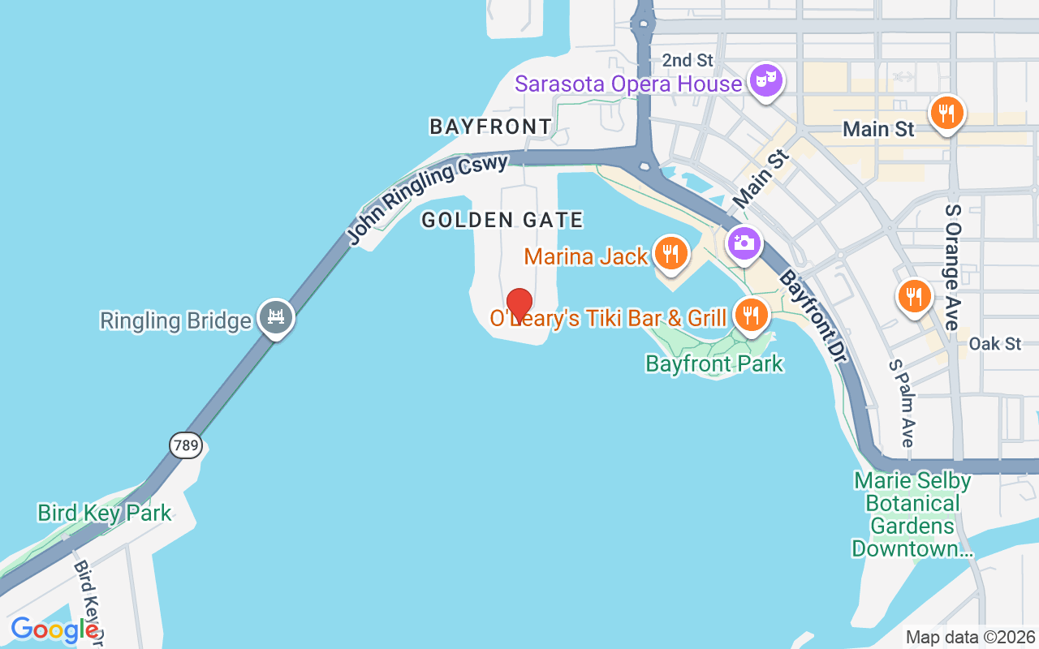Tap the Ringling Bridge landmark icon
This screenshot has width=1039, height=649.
point(276,317)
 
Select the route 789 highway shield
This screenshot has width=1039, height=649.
point(186,445)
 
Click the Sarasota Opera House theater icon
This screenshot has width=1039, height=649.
point(765,81)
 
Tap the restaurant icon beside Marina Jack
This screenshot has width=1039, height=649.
point(670,253)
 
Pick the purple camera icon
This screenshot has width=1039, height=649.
point(744,243)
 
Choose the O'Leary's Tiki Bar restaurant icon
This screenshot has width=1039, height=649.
point(752,314)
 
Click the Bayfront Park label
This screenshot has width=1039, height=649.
point(714,363)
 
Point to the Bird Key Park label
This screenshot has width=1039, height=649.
point(105,513)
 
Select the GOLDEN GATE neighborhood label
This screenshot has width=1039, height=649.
point(502,220)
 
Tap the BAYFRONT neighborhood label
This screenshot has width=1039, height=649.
point(490,127)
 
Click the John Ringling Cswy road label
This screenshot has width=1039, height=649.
point(428,198)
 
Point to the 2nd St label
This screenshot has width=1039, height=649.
point(688,60)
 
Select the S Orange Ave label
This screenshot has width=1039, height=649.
point(952,266)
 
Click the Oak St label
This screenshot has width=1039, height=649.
point(995,344)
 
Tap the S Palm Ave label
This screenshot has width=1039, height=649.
point(900,402)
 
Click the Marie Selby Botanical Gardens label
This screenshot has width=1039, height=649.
point(912,514)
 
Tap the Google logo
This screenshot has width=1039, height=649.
point(54,630)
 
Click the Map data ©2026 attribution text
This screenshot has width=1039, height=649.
point(970,638)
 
